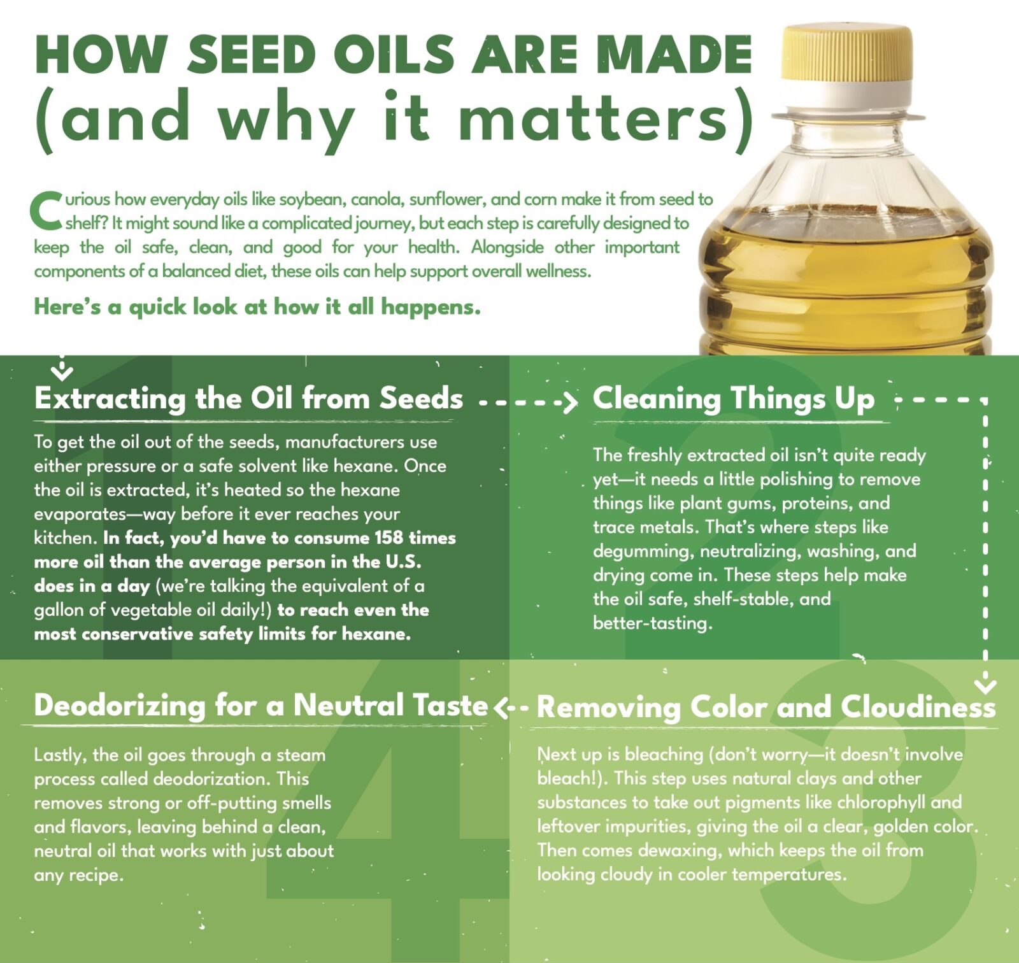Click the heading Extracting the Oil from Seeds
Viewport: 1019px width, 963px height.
tap(248, 399)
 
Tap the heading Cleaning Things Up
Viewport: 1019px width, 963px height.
tap(734, 399)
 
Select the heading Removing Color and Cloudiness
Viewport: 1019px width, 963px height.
tap(766, 707)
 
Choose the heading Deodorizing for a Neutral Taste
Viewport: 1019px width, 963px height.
tap(261, 706)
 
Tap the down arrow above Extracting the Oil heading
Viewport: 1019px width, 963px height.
tap(62, 367)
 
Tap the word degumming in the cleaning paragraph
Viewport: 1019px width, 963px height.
tap(641, 552)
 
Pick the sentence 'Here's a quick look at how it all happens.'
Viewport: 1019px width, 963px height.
tap(257, 307)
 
